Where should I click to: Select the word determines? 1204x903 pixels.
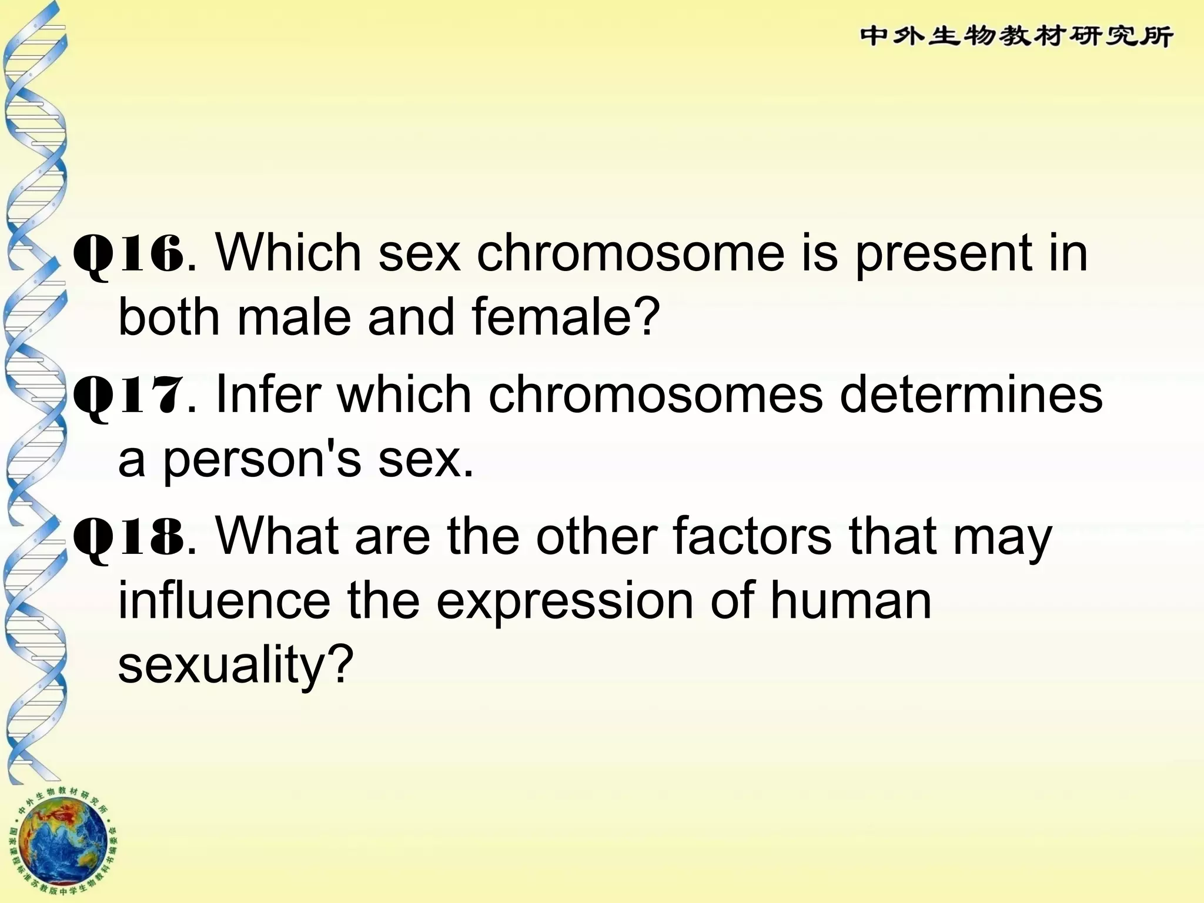pos(971,394)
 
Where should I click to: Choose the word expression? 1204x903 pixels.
pos(565,603)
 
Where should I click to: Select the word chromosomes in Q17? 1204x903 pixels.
pos(655,394)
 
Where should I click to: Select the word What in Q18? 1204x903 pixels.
pos(277,536)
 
